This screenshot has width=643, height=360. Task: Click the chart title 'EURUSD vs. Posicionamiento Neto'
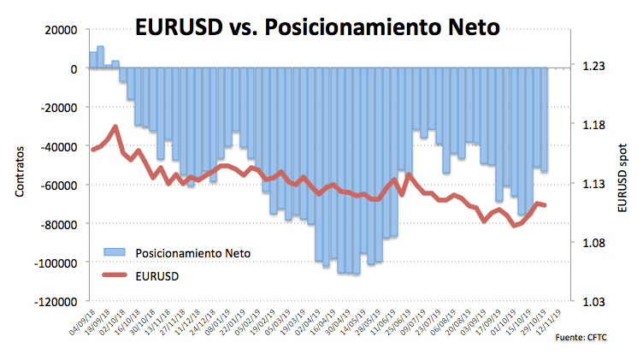tap(319, 27)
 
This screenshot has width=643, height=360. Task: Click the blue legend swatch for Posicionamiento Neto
tap(115, 252)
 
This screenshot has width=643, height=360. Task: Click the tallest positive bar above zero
tap(100, 57)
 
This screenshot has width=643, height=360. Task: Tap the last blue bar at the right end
tap(544, 120)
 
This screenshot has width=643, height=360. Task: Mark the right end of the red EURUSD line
tap(545, 205)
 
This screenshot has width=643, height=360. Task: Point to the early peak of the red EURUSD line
tap(115, 127)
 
